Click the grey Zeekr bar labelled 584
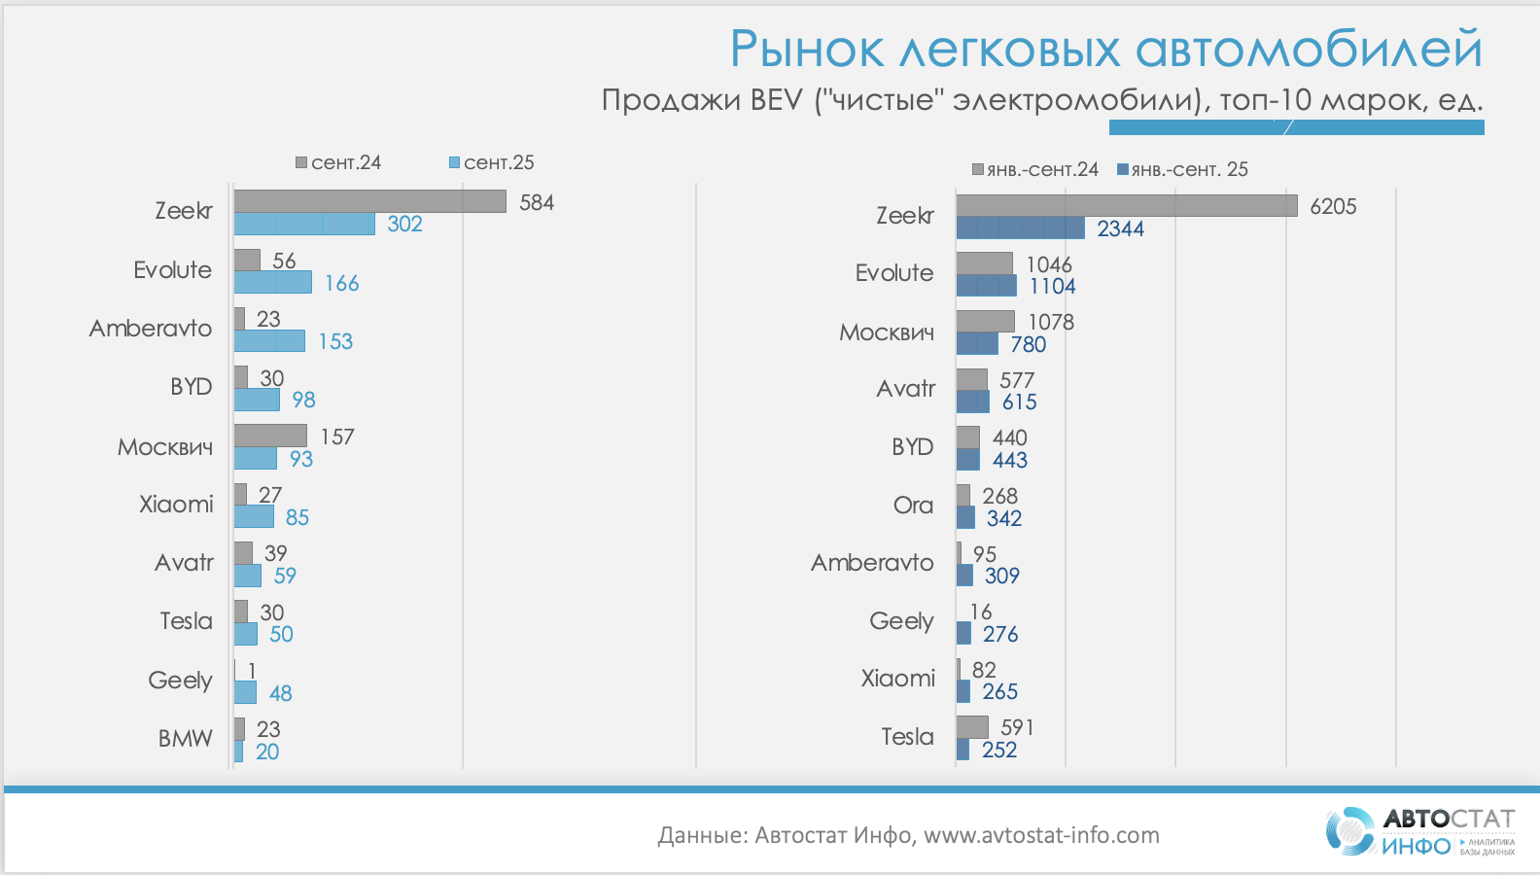point(369,201)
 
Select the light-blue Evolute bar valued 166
point(272,282)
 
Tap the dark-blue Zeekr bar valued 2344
point(1020,228)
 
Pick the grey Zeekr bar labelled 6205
point(1126,205)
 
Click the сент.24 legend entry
point(338,162)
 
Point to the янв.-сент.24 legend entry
point(1035,169)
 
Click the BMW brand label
point(185,739)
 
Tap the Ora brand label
point(913,506)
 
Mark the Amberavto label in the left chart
point(151,329)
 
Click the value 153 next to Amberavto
point(335,341)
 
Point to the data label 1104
point(1052,286)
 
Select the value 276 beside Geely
point(999,634)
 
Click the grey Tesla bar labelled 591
point(972,727)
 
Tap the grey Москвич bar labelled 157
point(270,436)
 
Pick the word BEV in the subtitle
point(776,99)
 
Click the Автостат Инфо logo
point(1419,832)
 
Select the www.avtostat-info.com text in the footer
point(1041,835)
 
